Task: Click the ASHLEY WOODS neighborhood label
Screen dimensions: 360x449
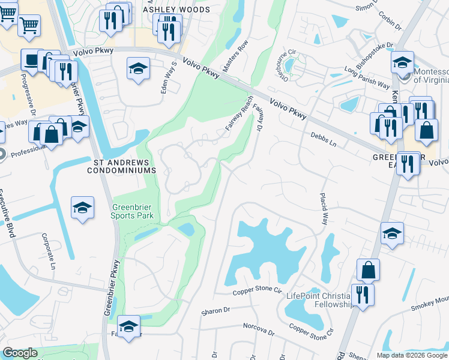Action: coord(176,10)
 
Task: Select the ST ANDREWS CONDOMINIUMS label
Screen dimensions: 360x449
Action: coord(124,166)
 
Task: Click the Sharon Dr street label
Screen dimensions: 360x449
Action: coord(211,312)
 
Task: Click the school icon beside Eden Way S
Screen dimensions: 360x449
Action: coord(138,69)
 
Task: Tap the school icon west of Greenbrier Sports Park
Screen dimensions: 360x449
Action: coord(82,208)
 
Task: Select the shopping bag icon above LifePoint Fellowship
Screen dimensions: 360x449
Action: coord(368,270)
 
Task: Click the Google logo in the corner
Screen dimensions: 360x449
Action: coord(20,353)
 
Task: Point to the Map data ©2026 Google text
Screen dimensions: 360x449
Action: coord(412,355)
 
